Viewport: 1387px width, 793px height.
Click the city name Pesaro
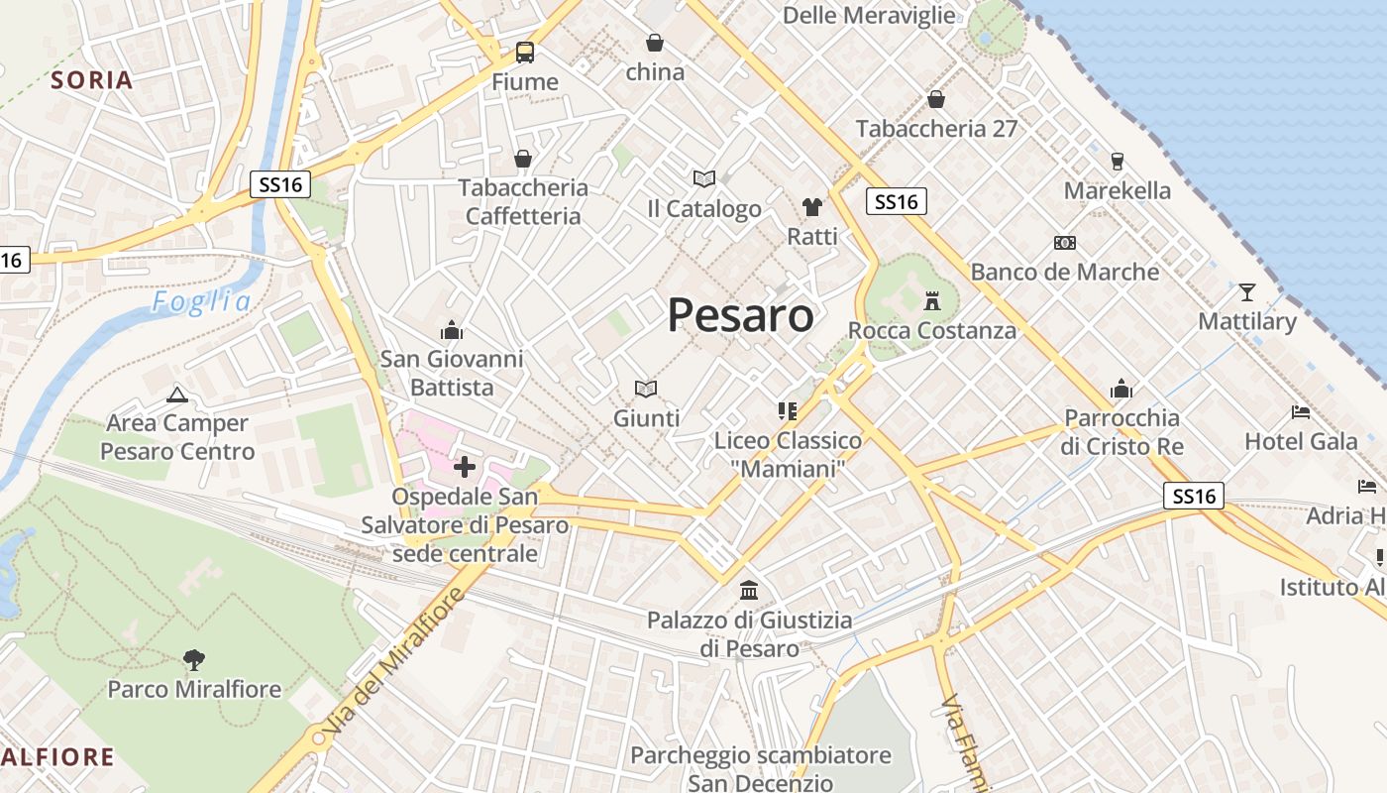[740, 316]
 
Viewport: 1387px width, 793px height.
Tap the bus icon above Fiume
[524, 53]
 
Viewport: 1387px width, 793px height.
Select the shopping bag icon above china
[655, 43]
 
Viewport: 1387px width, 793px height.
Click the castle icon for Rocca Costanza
[931, 299]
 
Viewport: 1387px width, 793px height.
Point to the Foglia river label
[201, 302]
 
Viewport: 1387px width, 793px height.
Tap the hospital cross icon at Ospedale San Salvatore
[464, 466]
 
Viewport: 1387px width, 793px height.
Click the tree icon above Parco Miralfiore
[194, 658]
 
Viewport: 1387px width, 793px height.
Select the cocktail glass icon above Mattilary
[1246, 291]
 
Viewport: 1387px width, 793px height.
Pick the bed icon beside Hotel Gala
[1301, 411]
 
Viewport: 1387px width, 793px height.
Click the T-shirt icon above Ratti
[812, 206]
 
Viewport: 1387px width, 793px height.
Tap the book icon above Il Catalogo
[704, 178]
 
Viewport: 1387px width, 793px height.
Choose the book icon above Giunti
[646, 389]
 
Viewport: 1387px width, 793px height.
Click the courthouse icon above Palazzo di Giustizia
[749, 591]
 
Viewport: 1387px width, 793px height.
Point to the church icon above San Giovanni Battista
[452, 329]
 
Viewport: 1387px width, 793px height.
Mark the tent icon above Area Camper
[177, 395]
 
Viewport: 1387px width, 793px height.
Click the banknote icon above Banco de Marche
[1065, 243]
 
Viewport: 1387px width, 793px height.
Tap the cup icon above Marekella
[1118, 161]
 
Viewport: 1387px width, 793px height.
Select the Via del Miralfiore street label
[393, 661]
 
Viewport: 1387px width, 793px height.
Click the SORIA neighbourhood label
[91, 80]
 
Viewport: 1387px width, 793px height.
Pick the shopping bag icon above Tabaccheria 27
[935, 99]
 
